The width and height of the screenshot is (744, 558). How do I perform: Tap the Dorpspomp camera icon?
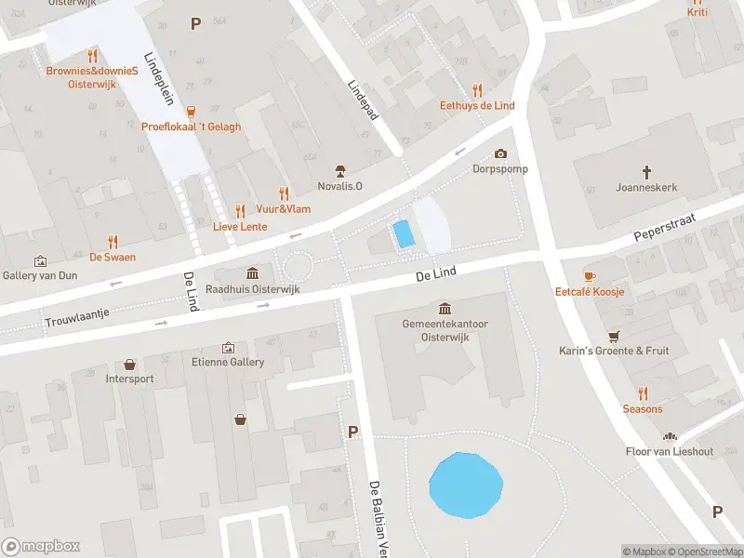[501, 153]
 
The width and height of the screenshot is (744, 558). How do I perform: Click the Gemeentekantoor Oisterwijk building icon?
[445, 308]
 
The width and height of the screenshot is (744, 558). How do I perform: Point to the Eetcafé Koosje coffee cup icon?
[589, 276]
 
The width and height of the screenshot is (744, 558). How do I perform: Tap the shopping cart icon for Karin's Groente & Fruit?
[614, 336]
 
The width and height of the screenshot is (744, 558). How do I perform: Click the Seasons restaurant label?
[642, 409]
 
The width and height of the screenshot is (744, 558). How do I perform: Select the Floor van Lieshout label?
[668, 452]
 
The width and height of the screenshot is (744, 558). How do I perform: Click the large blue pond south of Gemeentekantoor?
[466, 485]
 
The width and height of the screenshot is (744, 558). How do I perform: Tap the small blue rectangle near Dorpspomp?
[404, 233]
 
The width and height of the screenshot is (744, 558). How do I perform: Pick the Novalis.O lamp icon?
[340, 170]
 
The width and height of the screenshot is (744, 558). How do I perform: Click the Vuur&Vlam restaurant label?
[284, 209]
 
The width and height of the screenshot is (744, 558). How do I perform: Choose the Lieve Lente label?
[240, 227]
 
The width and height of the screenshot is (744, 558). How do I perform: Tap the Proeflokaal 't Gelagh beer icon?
[192, 112]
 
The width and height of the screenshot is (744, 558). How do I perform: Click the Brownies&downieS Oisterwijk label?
[92, 77]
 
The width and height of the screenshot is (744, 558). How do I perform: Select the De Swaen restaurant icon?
[113, 242]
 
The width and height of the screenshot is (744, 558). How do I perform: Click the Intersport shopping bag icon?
[129, 365]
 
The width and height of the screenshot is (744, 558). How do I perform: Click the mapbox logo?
[41, 546]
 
